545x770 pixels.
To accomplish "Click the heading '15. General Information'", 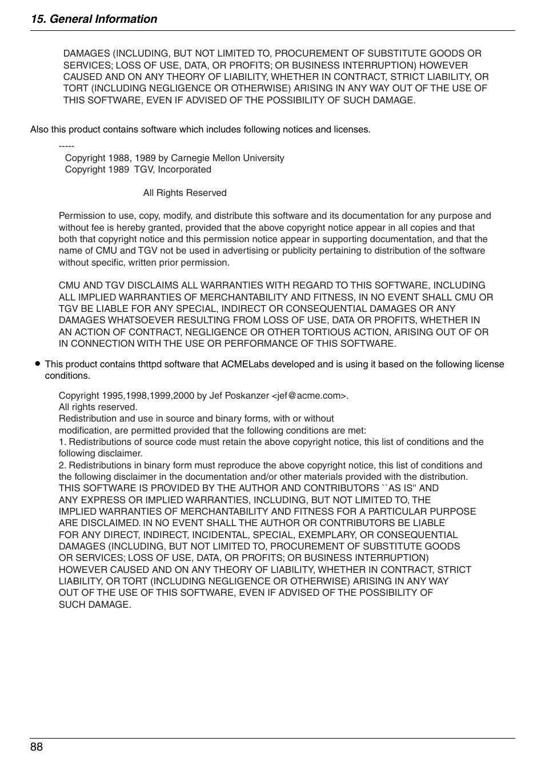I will (94, 19).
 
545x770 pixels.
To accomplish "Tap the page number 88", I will (37, 747).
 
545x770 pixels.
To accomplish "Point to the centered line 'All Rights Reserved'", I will (185, 193).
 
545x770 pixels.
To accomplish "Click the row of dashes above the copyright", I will (66, 146).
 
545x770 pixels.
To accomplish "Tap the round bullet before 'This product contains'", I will (37, 363).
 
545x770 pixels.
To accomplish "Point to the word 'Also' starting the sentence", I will (39, 130).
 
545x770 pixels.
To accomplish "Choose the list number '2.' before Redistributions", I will (62, 465).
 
